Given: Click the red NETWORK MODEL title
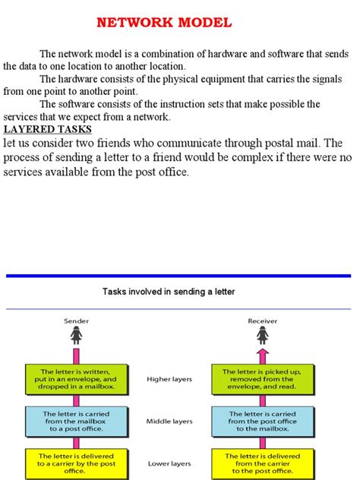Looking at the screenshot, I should click(x=164, y=22).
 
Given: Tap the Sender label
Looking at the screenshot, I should click(x=77, y=321).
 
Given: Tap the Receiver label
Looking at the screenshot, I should click(x=263, y=321).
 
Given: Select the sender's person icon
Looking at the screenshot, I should click(x=77, y=335).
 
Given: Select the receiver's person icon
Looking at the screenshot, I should click(x=263, y=335).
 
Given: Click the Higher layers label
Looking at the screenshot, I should click(x=169, y=377).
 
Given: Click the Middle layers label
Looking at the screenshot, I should click(x=169, y=421).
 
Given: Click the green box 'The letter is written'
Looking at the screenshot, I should click(x=77, y=378).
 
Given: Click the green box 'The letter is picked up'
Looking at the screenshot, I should click(x=263, y=378).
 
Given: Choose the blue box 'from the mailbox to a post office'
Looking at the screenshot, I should click(x=77, y=421).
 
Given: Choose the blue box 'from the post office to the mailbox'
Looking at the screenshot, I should click(x=263, y=421).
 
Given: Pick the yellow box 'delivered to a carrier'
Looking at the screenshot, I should click(x=77, y=461).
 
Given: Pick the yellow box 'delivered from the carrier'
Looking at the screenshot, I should click(x=263, y=461).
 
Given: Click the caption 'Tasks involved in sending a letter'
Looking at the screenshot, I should click(x=169, y=292).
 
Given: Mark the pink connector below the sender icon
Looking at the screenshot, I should click(x=77, y=354).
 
